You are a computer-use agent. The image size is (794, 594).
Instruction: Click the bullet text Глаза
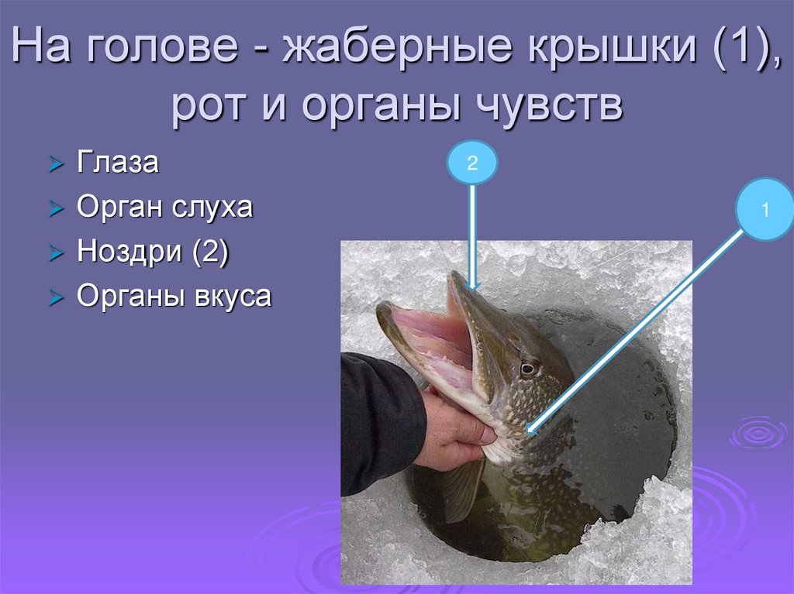(x=118, y=163)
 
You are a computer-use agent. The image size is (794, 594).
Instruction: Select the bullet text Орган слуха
(x=164, y=208)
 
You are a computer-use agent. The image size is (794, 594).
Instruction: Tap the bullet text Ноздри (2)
(x=152, y=252)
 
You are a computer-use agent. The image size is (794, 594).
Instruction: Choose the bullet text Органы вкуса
(x=174, y=297)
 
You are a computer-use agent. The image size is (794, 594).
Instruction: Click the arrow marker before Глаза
(x=54, y=164)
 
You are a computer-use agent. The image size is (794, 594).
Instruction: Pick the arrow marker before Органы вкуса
(x=54, y=298)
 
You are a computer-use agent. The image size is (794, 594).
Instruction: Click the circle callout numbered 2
(x=471, y=162)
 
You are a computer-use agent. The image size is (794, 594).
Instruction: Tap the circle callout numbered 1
(x=765, y=209)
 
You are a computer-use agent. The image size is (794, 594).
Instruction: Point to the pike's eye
(x=530, y=368)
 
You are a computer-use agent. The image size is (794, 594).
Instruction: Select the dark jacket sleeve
(x=380, y=418)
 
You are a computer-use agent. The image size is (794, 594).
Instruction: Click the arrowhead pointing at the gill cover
(x=530, y=427)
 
